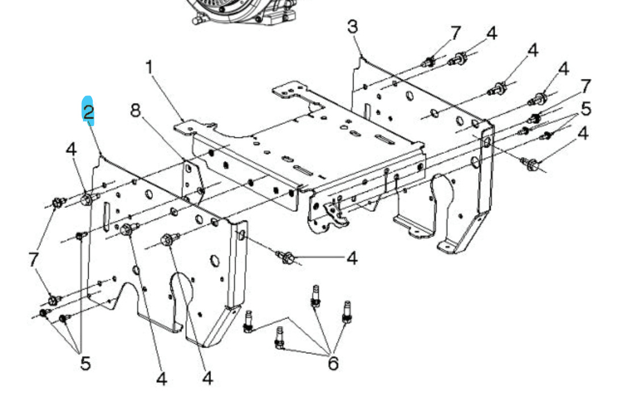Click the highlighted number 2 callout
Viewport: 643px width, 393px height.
tap(88, 112)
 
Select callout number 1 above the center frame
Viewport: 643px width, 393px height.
tap(149, 68)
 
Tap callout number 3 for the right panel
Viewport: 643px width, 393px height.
tap(352, 27)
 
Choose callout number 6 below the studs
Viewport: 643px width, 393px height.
tap(333, 362)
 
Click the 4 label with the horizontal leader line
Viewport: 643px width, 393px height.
tap(352, 259)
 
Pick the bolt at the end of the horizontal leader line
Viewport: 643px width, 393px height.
tap(287, 258)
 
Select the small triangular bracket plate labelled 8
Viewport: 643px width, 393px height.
tap(192, 181)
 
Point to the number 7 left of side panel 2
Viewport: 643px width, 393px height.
tap(34, 260)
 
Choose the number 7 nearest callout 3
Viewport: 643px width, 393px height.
tap(455, 33)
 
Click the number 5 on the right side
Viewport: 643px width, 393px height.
tap(586, 108)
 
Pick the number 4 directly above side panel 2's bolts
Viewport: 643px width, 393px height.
tap(71, 149)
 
